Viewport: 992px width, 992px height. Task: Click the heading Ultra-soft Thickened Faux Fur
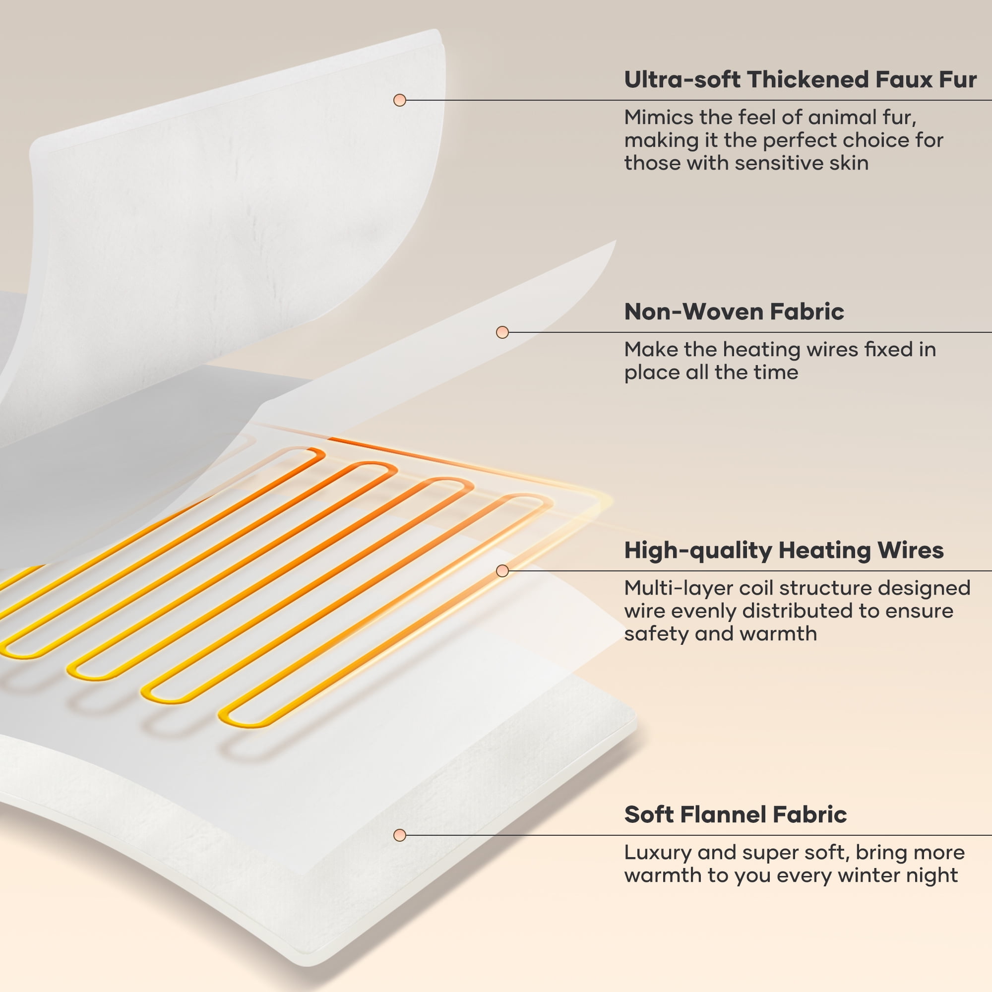(800, 79)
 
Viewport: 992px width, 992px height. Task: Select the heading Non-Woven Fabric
(734, 311)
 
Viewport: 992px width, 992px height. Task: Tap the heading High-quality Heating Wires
(784, 551)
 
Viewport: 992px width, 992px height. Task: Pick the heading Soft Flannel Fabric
(735, 815)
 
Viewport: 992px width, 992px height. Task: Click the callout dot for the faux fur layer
(399, 100)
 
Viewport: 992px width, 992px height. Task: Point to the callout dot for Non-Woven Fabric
(502, 332)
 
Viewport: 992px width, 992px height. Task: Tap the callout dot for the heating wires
(502, 570)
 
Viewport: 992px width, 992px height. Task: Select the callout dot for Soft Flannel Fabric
(399, 835)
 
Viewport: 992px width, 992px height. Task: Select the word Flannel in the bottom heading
(725, 815)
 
